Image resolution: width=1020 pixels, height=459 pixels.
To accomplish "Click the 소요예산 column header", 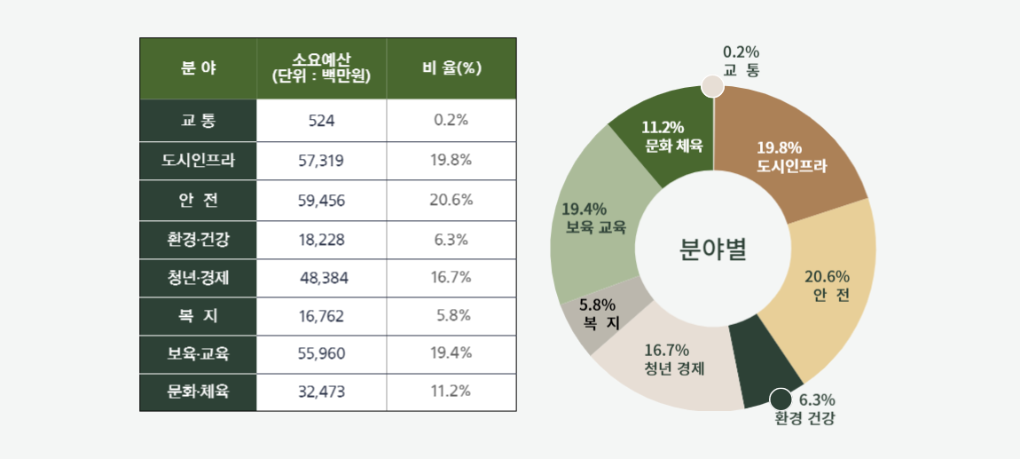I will click(x=321, y=68).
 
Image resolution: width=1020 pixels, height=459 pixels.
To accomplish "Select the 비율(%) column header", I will click(x=451, y=68).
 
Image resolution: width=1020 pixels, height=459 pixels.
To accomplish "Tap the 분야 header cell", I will click(x=198, y=68).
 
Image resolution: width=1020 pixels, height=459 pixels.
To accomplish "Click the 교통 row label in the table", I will click(x=198, y=120).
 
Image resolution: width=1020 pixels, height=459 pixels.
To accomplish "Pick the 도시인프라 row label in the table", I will click(x=198, y=161).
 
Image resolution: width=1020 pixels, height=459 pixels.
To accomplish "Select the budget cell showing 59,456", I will click(x=321, y=201).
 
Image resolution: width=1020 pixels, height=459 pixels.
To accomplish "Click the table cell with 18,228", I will click(x=321, y=240).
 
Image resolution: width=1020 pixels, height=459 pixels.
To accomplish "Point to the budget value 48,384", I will click(x=324, y=278).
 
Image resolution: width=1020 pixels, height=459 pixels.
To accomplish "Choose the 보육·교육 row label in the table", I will click(x=198, y=354).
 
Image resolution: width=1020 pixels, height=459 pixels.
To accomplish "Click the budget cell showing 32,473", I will click(x=321, y=392).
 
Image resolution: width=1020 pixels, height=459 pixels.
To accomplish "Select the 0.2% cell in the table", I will click(x=451, y=120).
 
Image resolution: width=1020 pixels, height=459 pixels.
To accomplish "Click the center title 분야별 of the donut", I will click(x=713, y=249).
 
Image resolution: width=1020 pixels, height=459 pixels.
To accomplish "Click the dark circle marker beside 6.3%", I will click(x=781, y=400).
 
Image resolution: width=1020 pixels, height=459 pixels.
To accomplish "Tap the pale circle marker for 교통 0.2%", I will click(x=712, y=86).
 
